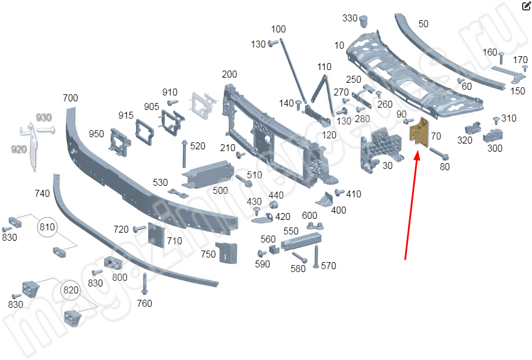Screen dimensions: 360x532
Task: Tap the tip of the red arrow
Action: pos(417,152)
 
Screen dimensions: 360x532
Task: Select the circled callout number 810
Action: pos(47,227)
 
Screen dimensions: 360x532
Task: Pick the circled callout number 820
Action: pos(70,289)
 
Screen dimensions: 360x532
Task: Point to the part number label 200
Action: pos(229,74)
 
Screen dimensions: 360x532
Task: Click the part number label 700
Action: pos(70,98)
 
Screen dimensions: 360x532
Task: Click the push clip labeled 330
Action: pos(364,21)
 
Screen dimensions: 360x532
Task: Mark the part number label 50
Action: pos(423,24)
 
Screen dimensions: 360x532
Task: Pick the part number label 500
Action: pos(220,190)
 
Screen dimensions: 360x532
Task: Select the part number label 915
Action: pos(126,115)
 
